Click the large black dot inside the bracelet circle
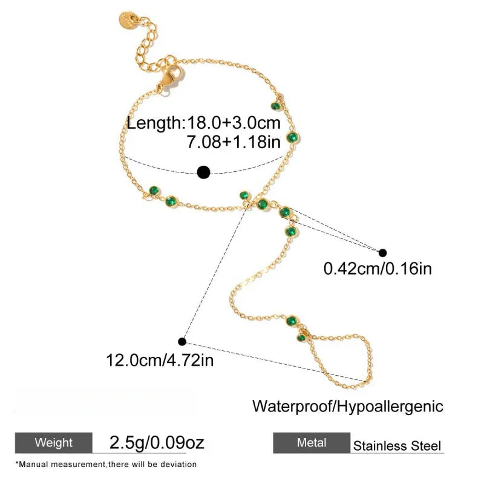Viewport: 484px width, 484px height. click(204, 172)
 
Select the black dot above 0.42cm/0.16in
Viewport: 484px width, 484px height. click(382, 253)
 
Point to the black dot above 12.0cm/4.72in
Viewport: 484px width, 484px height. click(182, 342)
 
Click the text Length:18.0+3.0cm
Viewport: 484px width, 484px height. click(204, 123)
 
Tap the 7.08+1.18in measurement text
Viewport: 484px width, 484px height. click(234, 142)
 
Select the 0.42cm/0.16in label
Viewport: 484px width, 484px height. click(378, 269)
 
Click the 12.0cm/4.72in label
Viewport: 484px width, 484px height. click(160, 360)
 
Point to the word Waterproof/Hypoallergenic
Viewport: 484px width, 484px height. click(348, 407)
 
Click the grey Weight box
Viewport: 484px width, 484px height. click(54, 443)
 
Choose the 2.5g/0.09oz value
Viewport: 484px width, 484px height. click(157, 443)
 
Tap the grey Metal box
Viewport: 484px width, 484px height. click(312, 443)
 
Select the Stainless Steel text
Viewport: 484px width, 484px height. click(397, 446)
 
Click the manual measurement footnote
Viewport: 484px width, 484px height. click(106, 464)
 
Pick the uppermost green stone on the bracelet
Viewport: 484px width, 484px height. click(276, 106)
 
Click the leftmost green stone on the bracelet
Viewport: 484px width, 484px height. click(154, 191)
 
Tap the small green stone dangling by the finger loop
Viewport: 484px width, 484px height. click(301, 338)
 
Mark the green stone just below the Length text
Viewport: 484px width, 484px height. click(292, 137)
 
